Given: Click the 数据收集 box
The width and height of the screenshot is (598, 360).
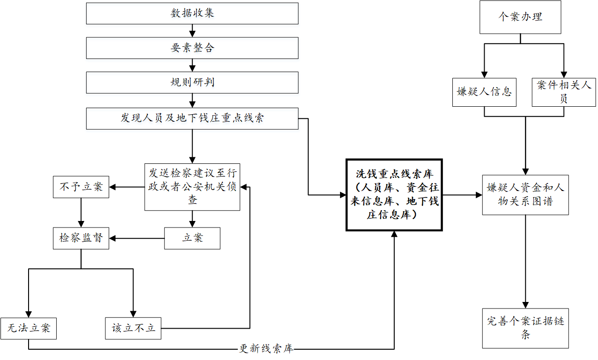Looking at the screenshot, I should tap(192, 13).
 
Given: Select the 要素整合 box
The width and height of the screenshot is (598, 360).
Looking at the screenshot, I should tap(192, 48).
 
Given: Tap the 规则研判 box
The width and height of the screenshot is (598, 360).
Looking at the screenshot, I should tap(192, 82).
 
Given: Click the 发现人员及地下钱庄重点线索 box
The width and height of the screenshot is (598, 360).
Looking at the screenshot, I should tap(192, 118).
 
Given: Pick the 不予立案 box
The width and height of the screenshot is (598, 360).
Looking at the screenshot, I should tap(81, 187).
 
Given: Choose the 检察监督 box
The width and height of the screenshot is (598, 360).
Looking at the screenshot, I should tap(81, 238).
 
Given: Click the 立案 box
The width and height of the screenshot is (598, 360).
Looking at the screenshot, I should tap(192, 238).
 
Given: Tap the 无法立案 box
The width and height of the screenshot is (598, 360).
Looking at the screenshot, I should tap(29, 328).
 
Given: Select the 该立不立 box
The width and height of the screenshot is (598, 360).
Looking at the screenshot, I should tap(133, 328).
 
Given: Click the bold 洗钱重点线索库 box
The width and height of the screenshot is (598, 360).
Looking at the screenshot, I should tap(394, 195).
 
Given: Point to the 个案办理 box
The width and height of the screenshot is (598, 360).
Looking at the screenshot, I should tap(520, 17).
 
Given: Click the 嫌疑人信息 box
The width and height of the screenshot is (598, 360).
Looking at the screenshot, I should tap(484, 92).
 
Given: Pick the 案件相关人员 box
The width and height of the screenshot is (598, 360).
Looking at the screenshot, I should tap(564, 92).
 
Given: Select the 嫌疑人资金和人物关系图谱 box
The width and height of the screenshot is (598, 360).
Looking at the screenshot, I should tap(525, 195).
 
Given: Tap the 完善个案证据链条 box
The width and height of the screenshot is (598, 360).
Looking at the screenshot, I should tap(525, 328).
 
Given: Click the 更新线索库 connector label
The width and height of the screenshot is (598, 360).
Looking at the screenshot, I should tap(266, 349).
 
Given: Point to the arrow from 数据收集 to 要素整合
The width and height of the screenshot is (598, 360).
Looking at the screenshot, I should tap(192, 31).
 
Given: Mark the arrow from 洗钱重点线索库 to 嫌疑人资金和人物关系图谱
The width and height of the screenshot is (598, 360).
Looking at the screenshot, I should tap(462, 195).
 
